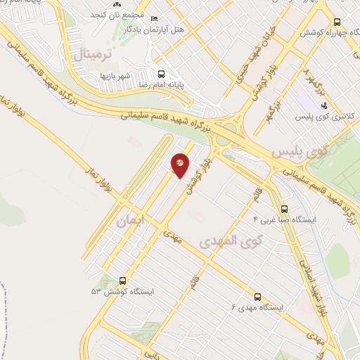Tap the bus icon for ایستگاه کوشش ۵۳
[123, 280]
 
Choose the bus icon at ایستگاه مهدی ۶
[258, 297]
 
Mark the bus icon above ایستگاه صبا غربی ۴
[284, 209]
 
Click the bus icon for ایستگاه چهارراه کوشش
[337, 22]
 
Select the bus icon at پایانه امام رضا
[162, 74]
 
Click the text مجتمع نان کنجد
[118, 15]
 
